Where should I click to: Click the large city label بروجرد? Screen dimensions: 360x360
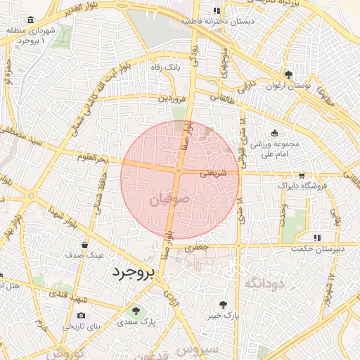point(131,274)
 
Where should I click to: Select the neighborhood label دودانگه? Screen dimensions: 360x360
point(264,283)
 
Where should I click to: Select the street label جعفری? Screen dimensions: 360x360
point(197,248)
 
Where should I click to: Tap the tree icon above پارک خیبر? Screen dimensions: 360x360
point(224,304)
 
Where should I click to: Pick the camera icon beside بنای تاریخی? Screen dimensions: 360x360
point(82,316)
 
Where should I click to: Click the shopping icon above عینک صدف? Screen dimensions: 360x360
point(85,245)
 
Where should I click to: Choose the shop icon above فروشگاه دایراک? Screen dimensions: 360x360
point(302,174)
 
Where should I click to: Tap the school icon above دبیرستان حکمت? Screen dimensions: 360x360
point(317,237)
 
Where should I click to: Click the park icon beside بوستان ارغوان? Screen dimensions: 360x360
point(288,75)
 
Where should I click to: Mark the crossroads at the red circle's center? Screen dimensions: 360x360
point(179,171)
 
